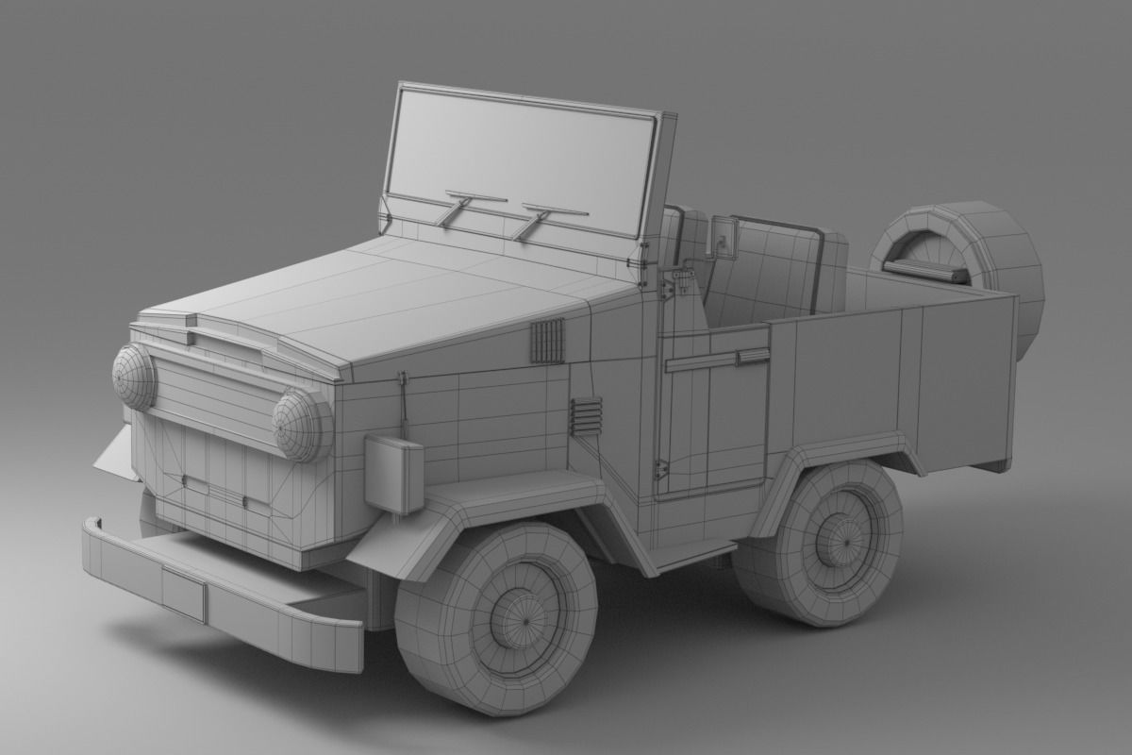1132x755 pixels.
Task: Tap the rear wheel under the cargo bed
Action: point(819,543)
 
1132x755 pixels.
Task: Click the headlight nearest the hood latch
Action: point(302,425)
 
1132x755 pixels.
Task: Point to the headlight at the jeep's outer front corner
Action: point(134,376)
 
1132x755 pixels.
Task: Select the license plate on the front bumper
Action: point(183,593)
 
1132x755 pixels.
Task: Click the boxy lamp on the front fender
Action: point(393,475)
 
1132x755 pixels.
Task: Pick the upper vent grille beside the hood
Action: point(547,340)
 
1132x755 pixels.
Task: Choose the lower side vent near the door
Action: point(585,416)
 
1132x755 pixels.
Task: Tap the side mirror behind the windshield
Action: point(724,237)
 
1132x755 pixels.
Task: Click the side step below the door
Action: point(694,554)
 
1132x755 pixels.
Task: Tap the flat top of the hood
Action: point(424,293)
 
